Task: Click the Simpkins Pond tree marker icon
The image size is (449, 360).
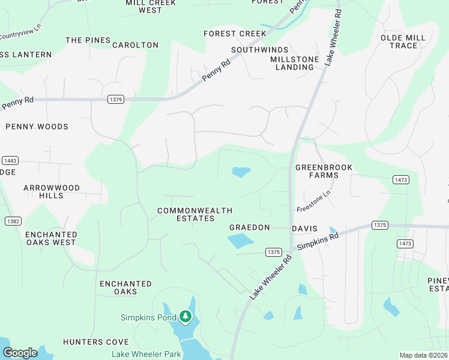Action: (x=185, y=316)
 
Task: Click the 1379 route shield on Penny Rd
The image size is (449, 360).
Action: (x=116, y=99)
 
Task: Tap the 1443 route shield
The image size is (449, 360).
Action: (x=10, y=160)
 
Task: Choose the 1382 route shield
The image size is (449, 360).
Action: (x=13, y=221)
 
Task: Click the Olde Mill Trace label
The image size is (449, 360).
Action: (x=403, y=41)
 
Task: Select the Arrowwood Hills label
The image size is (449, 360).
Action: (x=52, y=191)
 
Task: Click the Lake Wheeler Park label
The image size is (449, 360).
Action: (x=146, y=354)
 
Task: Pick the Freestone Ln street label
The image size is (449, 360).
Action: (x=313, y=202)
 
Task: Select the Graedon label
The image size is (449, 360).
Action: (x=250, y=228)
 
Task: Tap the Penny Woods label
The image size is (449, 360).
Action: (x=37, y=127)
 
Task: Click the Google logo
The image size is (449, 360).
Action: (x=20, y=353)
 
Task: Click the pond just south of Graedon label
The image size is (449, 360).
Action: (x=241, y=241)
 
